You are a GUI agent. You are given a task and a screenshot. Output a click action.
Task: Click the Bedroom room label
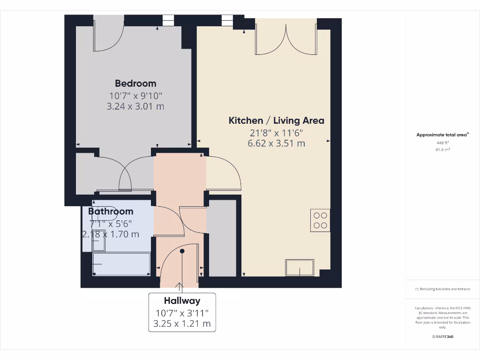135,83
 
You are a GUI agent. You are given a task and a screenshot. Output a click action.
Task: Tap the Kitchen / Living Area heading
276,120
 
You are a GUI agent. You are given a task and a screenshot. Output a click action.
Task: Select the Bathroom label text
111,211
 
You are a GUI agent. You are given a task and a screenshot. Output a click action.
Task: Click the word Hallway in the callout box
182,301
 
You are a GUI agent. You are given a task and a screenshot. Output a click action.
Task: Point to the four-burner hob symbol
320,220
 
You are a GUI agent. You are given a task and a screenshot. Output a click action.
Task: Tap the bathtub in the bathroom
121,264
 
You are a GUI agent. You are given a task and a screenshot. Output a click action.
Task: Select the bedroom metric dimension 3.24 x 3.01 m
135,106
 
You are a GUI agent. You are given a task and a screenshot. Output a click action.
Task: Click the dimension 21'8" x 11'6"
276,133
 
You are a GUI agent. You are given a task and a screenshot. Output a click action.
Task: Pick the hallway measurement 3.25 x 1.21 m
182,323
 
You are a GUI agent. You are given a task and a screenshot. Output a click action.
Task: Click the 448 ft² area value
443,143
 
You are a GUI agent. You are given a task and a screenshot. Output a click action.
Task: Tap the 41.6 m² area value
443,150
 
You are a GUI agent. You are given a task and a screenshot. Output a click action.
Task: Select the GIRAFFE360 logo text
442,337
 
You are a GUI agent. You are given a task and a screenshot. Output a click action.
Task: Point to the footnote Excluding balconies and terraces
442,289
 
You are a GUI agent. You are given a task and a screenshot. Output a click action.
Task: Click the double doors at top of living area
285,37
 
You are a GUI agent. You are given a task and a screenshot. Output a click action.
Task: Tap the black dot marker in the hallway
182,251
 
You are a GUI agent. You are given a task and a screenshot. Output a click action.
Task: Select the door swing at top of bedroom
109,35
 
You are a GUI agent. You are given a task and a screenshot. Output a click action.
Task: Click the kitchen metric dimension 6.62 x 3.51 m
276,143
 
